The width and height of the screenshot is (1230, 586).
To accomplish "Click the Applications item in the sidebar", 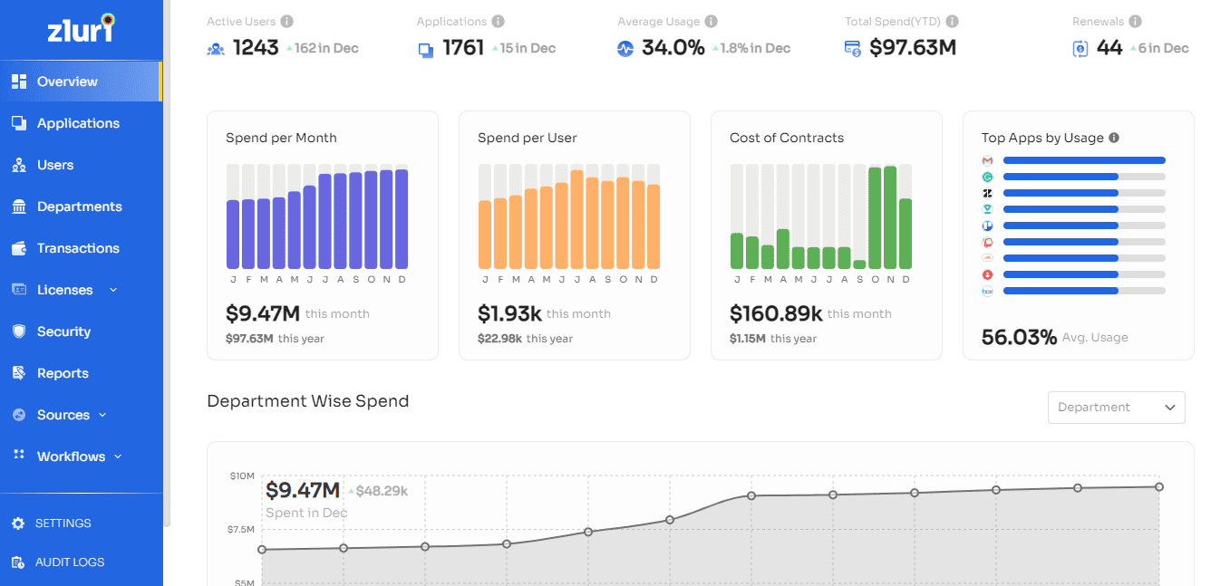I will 78,123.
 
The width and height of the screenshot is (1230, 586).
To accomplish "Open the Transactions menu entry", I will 78,248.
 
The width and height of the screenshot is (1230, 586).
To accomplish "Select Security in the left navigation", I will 63,331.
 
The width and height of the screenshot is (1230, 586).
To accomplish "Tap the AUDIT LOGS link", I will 69,562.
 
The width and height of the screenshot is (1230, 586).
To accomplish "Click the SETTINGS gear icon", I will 18,524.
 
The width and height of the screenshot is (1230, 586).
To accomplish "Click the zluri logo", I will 81,30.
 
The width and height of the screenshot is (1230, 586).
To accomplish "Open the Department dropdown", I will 1116,408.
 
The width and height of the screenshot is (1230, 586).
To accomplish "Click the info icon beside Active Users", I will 286,22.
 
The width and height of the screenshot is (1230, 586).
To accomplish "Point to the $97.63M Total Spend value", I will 913,48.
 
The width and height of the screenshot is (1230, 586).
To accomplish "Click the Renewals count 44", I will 1109,48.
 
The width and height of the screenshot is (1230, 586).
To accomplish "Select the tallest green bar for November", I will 890,217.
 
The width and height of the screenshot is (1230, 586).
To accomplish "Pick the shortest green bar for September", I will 859,264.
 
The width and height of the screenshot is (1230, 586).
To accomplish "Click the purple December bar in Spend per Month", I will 402,219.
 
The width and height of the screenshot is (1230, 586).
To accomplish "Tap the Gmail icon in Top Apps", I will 988,160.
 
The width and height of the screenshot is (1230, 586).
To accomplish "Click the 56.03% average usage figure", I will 1019,338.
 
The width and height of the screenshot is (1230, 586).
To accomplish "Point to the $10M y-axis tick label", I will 242,476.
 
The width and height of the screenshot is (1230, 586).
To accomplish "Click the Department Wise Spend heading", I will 308,401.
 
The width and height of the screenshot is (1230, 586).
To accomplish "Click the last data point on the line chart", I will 1159,487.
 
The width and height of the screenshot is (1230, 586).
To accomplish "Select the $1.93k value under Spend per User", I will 509,314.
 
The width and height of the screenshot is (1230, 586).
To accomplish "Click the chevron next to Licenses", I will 113,290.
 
